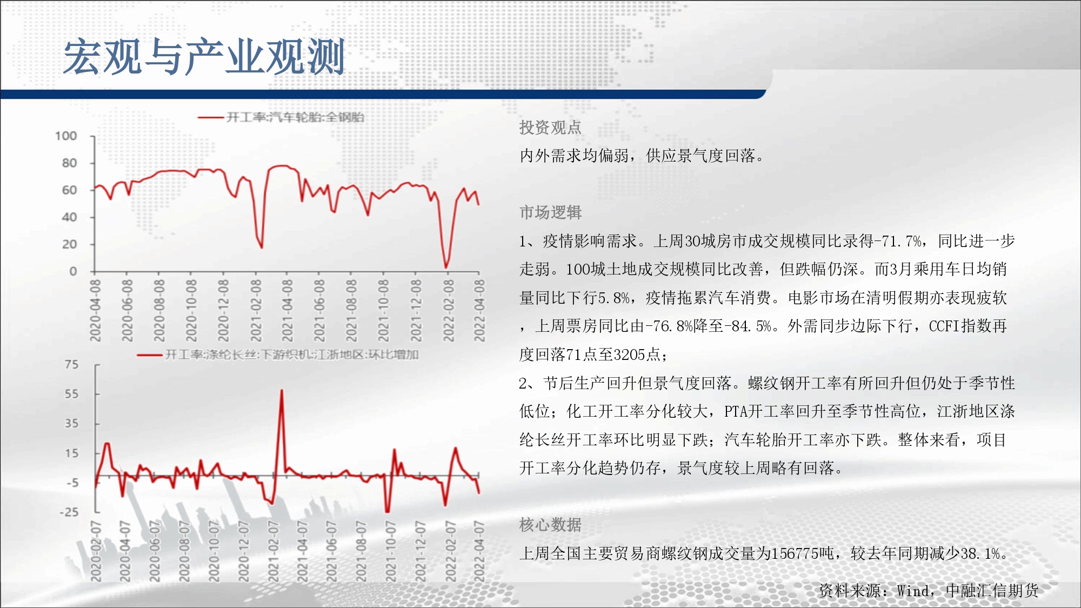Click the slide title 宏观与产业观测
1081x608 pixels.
click(x=204, y=56)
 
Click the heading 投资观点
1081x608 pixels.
click(x=550, y=128)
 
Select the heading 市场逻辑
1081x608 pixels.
click(x=550, y=212)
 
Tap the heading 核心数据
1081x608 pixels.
click(x=550, y=525)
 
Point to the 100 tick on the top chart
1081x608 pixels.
click(x=66, y=136)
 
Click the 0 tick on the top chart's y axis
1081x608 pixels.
click(x=74, y=271)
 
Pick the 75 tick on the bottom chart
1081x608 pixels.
click(x=72, y=365)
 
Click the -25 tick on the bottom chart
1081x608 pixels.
click(x=69, y=512)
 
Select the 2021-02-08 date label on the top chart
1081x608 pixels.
click(x=256, y=310)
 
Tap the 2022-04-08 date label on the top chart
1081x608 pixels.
click(x=479, y=310)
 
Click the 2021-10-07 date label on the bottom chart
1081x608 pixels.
click(x=390, y=551)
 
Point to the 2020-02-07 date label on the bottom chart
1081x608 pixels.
click(x=96, y=551)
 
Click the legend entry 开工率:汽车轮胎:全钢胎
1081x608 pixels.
click(x=281, y=117)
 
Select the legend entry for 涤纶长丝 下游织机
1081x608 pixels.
click(x=278, y=355)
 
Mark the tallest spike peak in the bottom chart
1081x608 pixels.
click(x=282, y=390)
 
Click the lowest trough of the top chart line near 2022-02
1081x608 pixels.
click(x=446, y=267)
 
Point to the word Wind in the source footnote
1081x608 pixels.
click(x=913, y=591)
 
